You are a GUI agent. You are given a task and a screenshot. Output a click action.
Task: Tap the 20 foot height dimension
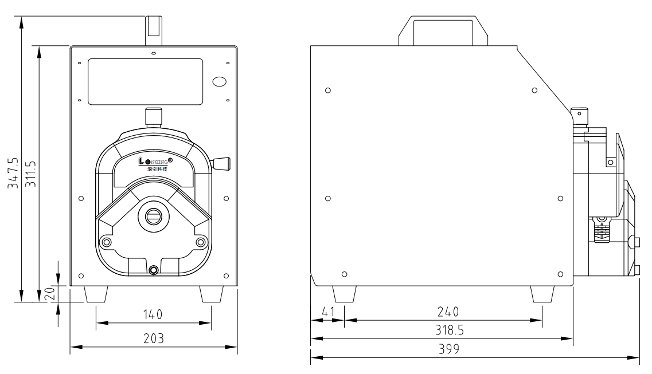[x=50, y=293]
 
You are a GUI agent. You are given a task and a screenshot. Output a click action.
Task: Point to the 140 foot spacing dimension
[x=153, y=314]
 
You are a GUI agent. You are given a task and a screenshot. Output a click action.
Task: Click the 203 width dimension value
[x=153, y=338]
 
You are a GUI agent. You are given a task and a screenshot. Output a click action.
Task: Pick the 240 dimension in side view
[x=447, y=312]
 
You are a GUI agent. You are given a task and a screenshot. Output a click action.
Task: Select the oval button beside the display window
[x=220, y=81]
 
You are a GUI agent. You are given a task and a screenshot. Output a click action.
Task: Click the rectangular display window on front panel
[x=145, y=81]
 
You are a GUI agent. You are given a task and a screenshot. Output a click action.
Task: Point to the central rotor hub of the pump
[x=153, y=216]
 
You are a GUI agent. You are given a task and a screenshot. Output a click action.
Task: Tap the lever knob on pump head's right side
[x=221, y=164]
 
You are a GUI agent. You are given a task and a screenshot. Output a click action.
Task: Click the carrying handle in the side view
[x=443, y=30]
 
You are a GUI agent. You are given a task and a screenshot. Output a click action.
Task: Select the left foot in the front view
[x=96, y=294]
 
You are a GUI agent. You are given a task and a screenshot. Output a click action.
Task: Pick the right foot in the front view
[x=211, y=294]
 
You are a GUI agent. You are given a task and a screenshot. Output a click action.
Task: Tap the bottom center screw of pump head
[x=153, y=270]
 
